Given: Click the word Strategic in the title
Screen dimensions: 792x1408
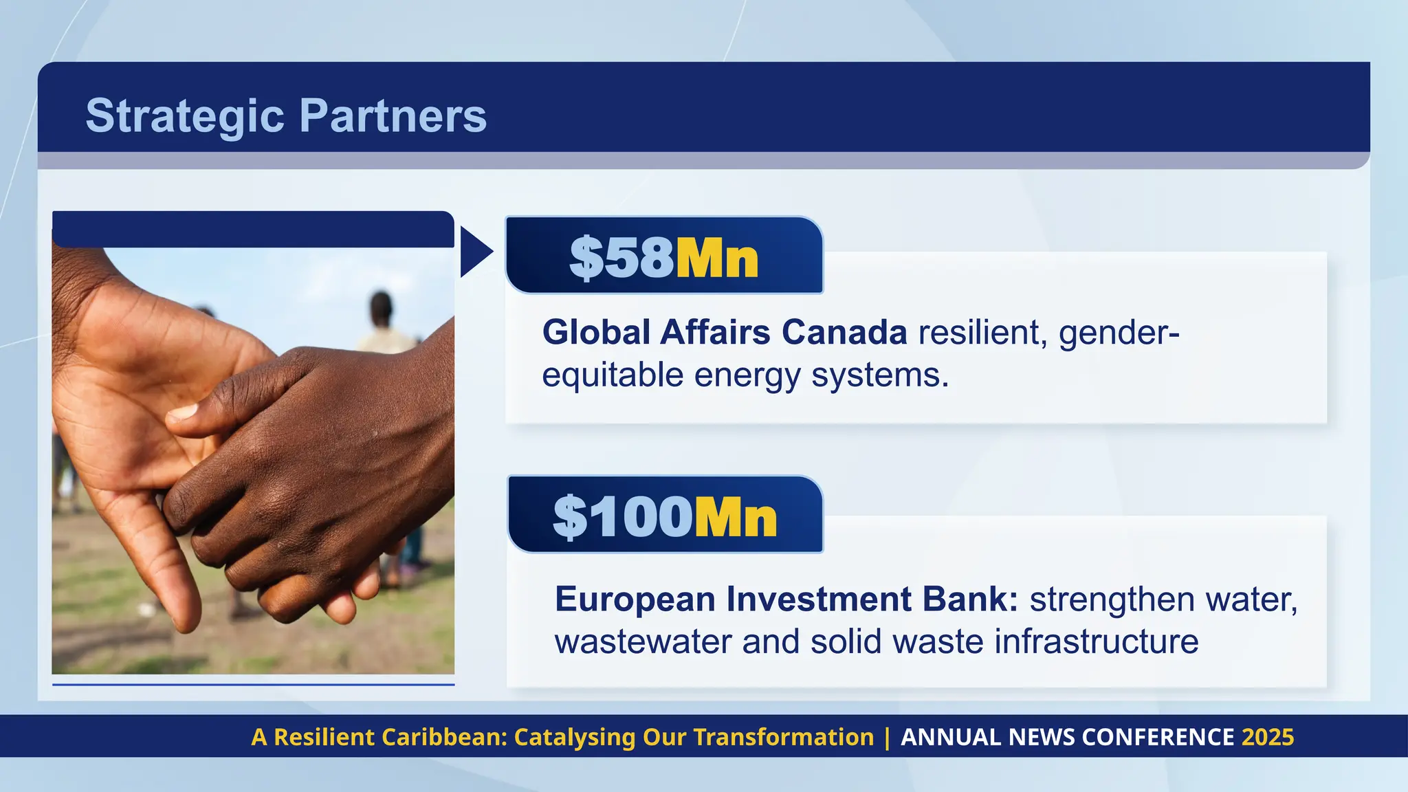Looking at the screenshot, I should pos(184,115).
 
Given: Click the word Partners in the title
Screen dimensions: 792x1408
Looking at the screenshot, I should pos(393,115).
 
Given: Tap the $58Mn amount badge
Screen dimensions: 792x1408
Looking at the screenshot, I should pos(663,257).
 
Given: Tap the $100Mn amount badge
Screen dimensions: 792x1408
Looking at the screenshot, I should pos(665,516).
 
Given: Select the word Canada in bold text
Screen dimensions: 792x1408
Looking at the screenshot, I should pos(844,333).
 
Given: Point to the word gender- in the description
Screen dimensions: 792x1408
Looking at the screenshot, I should pos(1119,333).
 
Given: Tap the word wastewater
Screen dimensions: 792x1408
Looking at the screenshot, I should pos(642,641).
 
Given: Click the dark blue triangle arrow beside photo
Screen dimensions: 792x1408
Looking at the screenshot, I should pos(474,252).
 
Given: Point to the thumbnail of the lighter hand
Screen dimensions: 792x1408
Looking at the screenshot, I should pos(183,412).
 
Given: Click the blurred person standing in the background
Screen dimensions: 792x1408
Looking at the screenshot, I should pos(382,323).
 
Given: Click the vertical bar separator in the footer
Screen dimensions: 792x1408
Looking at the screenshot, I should pos(887,737).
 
